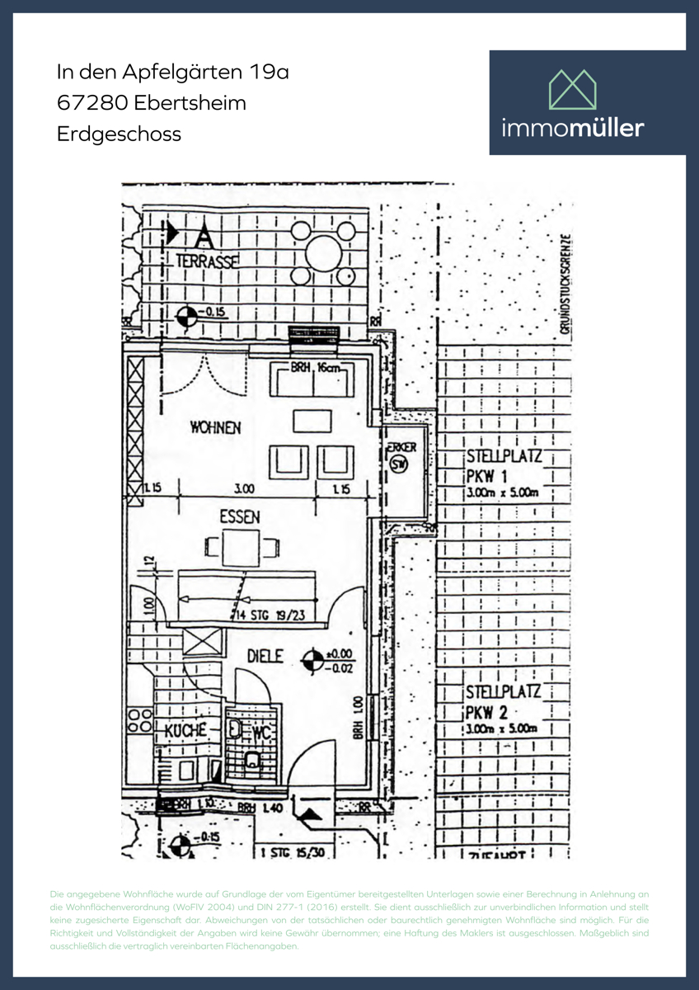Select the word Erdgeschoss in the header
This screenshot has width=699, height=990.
119,134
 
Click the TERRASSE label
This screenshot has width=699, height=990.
207,261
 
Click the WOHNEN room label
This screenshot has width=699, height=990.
215,427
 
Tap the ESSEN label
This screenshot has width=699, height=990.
239,517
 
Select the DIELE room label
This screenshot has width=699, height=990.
265,656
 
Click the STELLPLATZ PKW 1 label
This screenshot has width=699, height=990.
503,466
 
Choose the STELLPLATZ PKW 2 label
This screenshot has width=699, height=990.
503,702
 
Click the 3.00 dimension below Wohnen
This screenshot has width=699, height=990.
244,489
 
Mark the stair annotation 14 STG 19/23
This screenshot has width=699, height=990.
271,614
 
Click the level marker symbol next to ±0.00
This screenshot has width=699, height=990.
313,659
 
